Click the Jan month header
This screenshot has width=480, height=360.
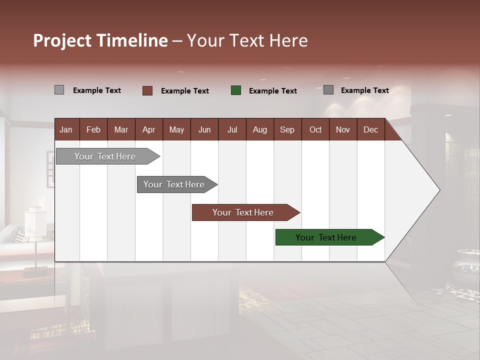(x=66, y=129)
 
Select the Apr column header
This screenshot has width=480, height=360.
(x=148, y=129)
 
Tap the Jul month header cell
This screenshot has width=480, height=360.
(x=232, y=129)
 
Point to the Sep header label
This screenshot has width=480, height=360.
(x=287, y=129)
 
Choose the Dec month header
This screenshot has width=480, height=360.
(x=370, y=129)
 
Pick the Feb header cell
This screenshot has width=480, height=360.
(x=93, y=129)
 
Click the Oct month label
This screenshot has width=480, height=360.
(x=315, y=129)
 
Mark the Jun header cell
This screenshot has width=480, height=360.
(x=204, y=129)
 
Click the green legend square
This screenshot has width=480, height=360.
(x=236, y=90)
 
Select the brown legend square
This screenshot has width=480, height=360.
(x=147, y=90)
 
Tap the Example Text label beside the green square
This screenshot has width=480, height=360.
(x=272, y=91)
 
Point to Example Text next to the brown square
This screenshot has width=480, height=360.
(x=184, y=91)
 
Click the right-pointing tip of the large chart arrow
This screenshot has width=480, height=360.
(x=438, y=190)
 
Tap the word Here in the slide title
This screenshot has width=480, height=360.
(x=288, y=40)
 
